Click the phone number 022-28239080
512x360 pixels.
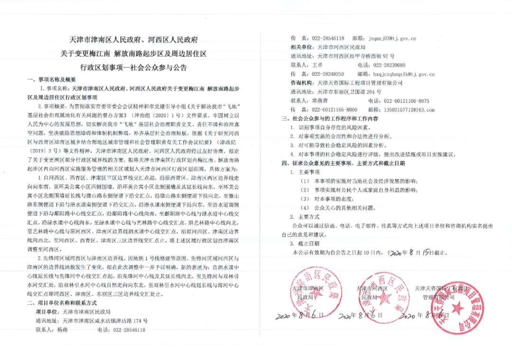pyautogui.click(x=389, y=65)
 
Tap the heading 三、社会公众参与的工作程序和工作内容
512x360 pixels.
pyautogui.click(x=330, y=119)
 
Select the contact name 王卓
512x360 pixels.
pyautogui.click(x=318, y=65)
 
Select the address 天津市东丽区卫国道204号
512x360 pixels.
pyautogui.click(x=348, y=92)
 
